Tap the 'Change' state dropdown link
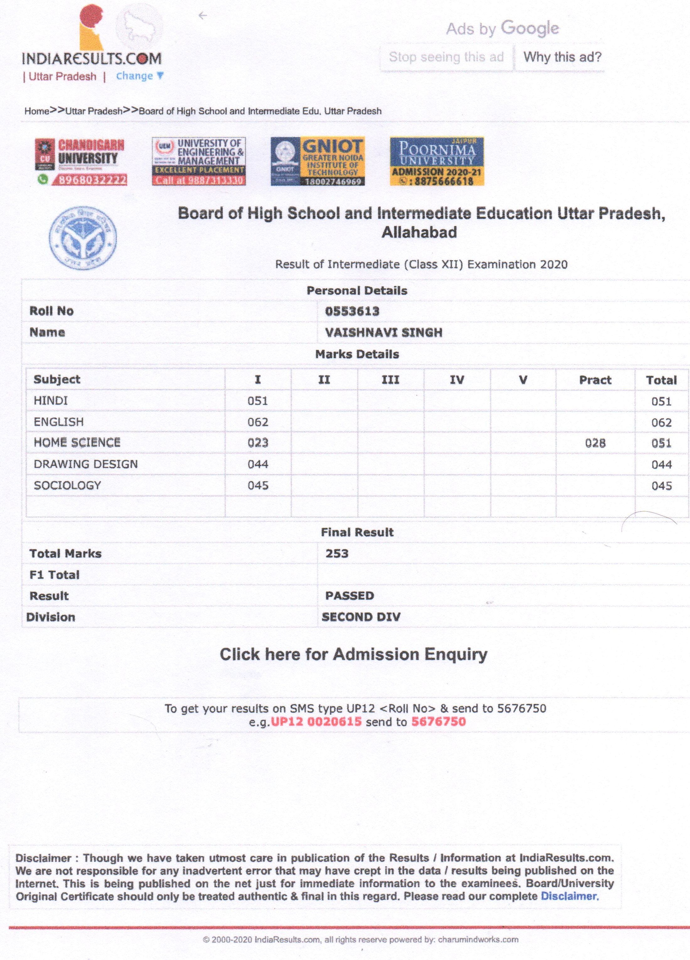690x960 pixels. tap(139, 76)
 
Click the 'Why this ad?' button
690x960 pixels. tap(562, 57)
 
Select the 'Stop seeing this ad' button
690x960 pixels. tap(446, 57)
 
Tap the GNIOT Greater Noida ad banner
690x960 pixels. tap(318, 162)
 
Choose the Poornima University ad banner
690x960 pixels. tap(437, 162)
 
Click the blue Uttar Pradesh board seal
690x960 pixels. tap(83, 238)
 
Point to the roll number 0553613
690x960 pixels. tap(352, 311)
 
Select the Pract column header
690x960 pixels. tap(595, 380)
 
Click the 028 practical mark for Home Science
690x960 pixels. tap(595, 443)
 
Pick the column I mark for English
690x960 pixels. tap(258, 422)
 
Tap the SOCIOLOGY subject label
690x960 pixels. tap(68, 485)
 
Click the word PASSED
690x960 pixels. tap(350, 596)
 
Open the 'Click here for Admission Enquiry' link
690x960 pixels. tap(354, 655)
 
